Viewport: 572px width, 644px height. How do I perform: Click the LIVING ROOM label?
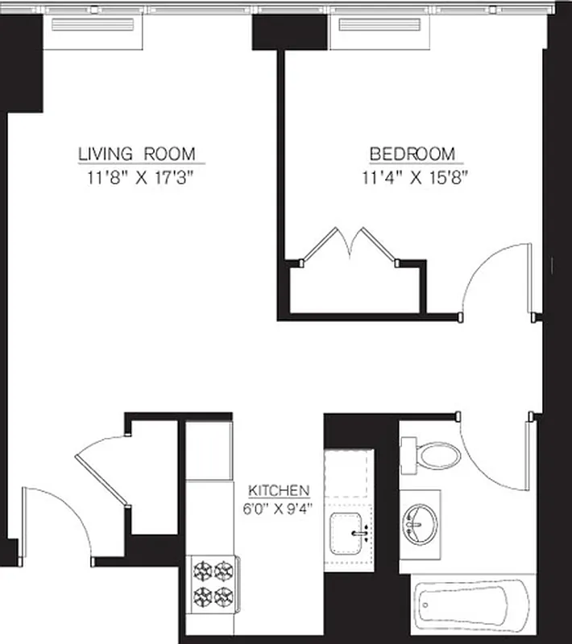pyautogui.click(x=136, y=153)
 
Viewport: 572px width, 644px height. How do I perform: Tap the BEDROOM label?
pyautogui.click(x=412, y=153)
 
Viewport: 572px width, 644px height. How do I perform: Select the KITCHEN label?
pyautogui.click(x=279, y=490)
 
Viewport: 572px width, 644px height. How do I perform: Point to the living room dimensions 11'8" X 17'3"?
pyautogui.click(x=136, y=178)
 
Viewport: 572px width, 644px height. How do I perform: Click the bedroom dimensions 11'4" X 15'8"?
pyautogui.click(x=415, y=178)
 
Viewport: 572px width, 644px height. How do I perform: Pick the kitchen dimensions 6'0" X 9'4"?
pyautogui.click(x=279, y=508)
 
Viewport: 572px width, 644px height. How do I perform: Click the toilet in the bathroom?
pyautogui.click(x=434, y=455)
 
